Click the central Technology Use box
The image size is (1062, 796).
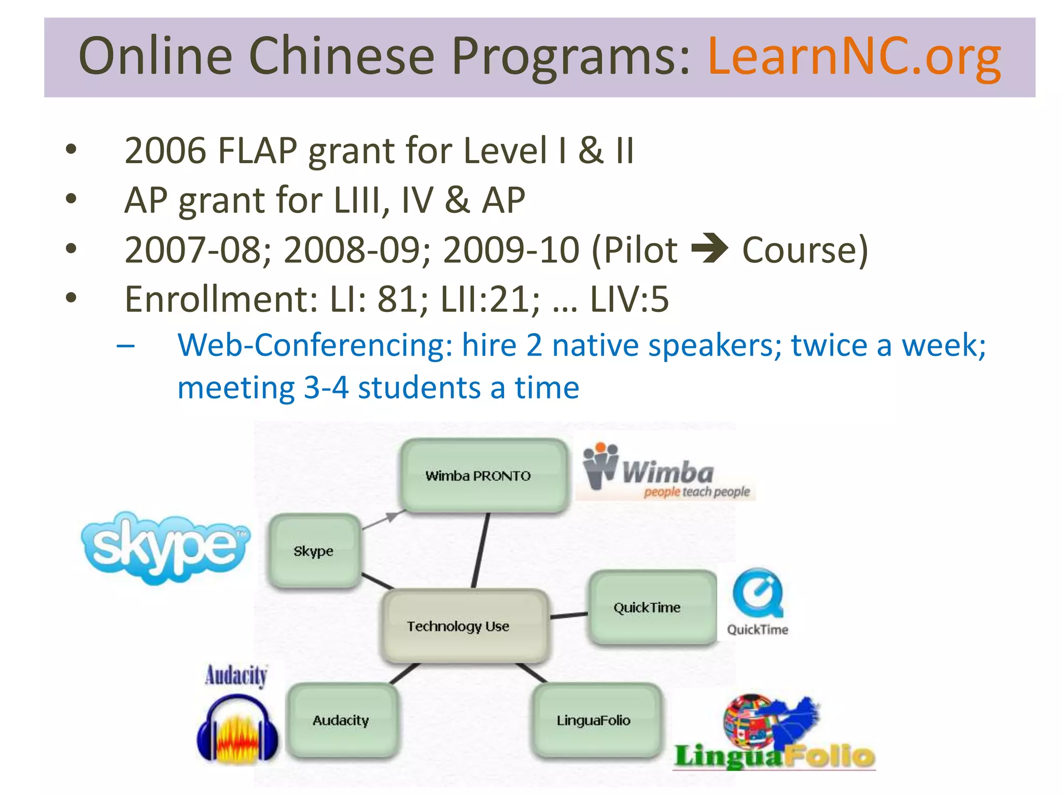pos(464,626)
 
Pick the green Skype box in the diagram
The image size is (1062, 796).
pos(314,551)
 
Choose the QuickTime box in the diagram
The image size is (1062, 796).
pos(651,607)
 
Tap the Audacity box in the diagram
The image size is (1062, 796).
pos(342,720)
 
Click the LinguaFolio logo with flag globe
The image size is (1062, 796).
pos(773,733)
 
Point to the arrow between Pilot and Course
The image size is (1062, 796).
pos(709,249)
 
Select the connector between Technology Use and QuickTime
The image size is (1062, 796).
pos(568,616)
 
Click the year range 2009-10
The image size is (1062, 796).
pos(511,250)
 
